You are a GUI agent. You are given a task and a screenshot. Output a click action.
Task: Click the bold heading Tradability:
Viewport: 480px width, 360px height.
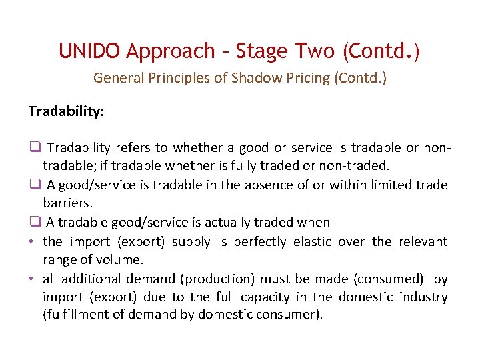(x=66, y=111)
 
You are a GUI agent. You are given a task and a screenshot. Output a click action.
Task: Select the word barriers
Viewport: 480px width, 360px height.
(x=67, y=203)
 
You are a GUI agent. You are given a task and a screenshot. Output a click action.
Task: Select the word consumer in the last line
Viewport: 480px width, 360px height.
(x=291, y=315)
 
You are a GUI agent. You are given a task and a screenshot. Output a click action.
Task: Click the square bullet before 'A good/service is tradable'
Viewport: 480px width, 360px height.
(x=34, y=185)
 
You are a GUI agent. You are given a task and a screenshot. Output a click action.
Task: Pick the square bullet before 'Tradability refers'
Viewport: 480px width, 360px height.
(x=34, y=147)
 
